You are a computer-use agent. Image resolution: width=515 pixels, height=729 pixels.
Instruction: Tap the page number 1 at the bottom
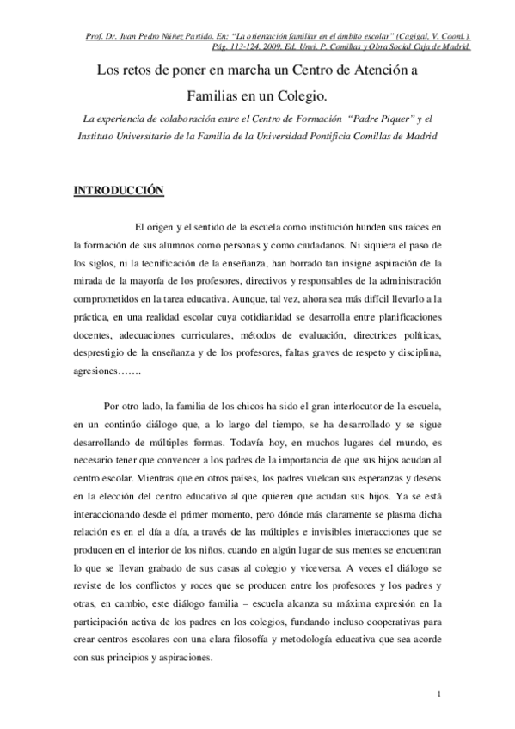click(438, 695)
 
